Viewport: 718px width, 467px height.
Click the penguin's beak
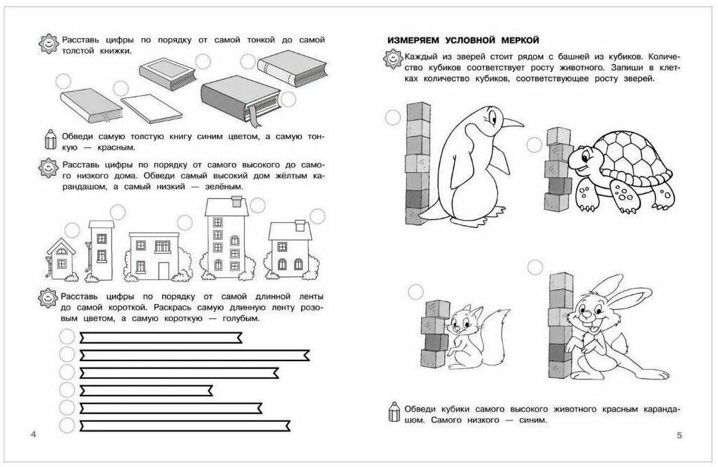click(x=513, y=122)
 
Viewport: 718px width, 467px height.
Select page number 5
click(x=679, y=435)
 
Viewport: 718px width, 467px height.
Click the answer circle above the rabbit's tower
click(x=535, y=267)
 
